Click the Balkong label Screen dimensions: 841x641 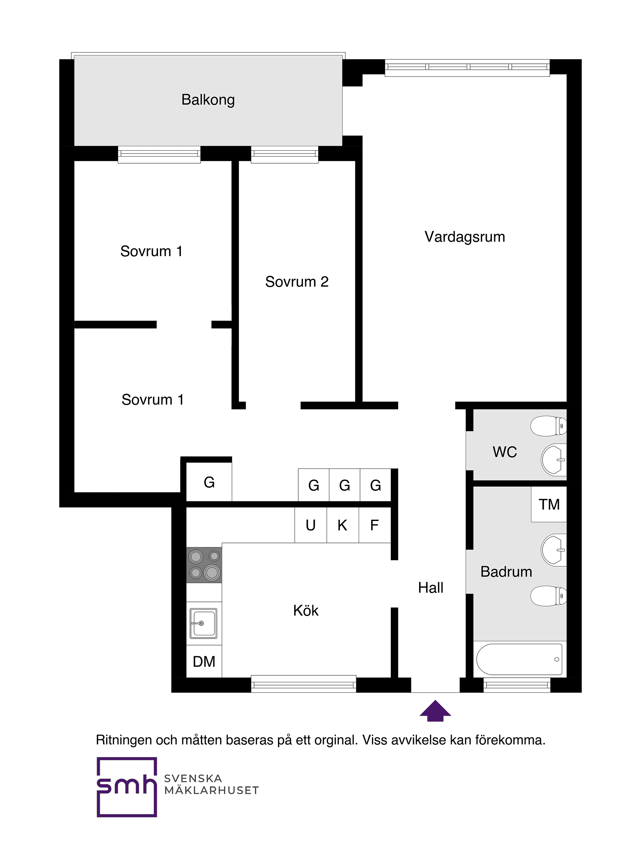tap(208, 100)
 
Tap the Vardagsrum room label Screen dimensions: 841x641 tap(464, 237)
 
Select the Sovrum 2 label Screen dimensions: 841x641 tap(296, 282)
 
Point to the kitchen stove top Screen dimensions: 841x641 tap(204, 565)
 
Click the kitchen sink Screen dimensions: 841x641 tap(204, 623)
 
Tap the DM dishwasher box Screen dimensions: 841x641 tap(204, 662)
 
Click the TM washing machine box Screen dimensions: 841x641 tap(549, 505)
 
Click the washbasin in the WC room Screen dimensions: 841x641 tap(554, 460)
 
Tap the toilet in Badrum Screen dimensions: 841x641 tap(549, 596)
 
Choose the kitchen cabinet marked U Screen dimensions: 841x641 tap(310, 526)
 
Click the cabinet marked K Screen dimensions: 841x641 tap(342, 526)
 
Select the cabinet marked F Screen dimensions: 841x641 tap(374, 526)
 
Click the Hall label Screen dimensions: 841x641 tap(430, 588)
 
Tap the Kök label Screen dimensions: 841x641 tap(305, 611)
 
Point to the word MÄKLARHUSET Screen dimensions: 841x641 tap(211, 791)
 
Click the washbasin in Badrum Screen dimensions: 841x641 tap(554, 550)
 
